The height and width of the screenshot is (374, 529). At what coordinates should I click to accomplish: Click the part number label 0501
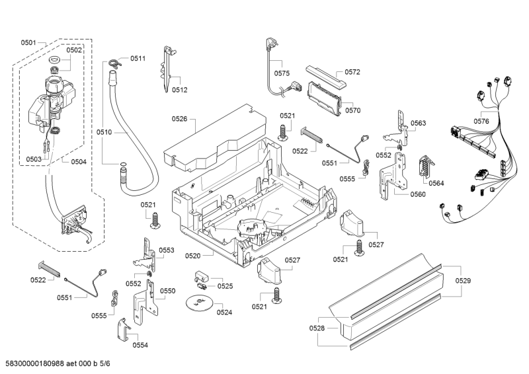click(x=28, y=42)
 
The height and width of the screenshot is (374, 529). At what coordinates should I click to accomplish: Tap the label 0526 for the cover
click(x=179, y=119)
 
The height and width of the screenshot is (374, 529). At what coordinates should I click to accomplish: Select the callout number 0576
click(x=481, y=121)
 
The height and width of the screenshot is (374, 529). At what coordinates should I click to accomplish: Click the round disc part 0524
click(x=197, y=303)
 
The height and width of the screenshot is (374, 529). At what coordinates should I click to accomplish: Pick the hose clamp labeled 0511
click(x=116, y=63)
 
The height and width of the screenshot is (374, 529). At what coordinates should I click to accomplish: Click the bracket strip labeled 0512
click(x=167, y=66)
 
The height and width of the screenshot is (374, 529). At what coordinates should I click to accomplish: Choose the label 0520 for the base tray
click(x=193, y=255)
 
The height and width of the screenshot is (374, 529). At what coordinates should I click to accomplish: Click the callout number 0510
click(x=104, y=133)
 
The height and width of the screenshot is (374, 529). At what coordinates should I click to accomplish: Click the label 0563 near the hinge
click(x=418, y=123)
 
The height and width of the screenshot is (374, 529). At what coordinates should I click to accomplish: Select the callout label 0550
click(x=167, y=291)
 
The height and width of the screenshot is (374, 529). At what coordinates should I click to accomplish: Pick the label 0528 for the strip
click(x=317, y=328)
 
